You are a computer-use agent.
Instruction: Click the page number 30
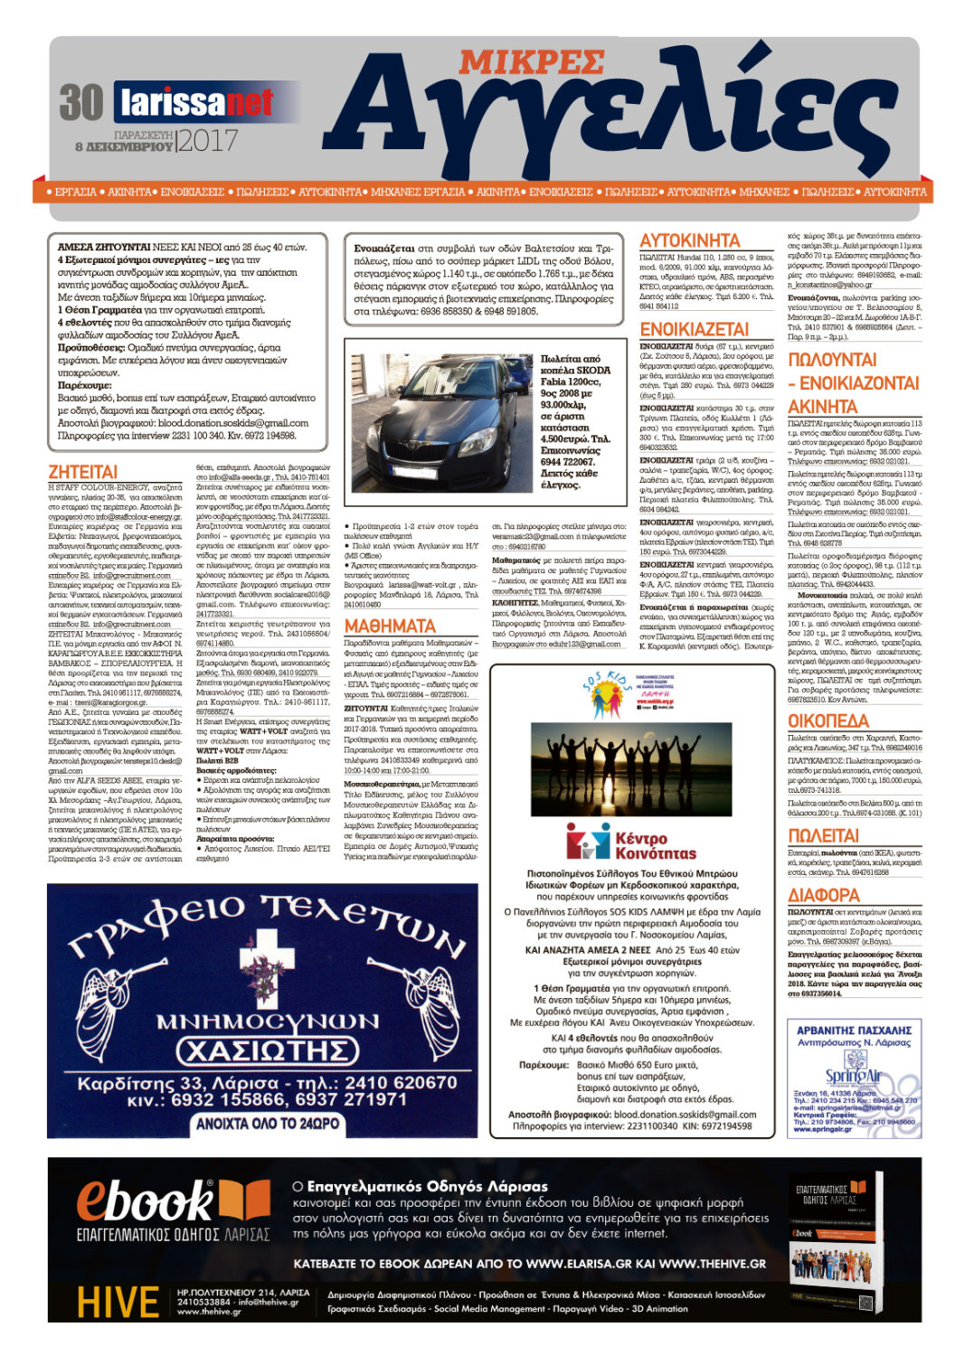(81, 102)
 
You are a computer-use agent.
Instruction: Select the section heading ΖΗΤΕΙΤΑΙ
(82, 472)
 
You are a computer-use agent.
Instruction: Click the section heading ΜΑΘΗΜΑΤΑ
(390, 626)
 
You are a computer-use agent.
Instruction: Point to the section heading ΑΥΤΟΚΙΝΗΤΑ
(689, 240)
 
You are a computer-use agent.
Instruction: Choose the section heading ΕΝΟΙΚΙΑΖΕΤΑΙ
(694, 329)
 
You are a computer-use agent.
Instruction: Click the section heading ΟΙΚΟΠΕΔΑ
(827, 720)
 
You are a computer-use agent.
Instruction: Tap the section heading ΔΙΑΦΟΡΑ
(823, 895)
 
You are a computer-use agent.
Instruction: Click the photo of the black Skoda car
(441, 420)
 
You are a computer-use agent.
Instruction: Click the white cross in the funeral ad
(263, 960)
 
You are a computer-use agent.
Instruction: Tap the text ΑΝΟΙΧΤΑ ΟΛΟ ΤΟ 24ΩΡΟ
(268, 1124)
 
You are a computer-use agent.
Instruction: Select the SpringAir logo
(852, 1076)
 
